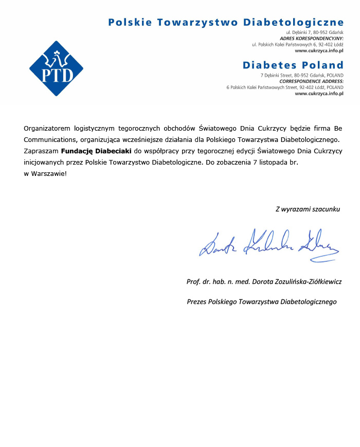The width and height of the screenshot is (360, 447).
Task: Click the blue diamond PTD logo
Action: pyautogui.click(x=56, y=68)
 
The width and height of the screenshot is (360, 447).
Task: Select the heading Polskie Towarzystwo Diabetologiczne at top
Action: pyautogui.click(x=226, y=22)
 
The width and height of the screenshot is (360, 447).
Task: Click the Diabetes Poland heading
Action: pyautogui.click(x=293, y=65)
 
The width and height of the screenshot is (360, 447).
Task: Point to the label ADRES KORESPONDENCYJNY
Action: pyautogui.click(x=312, y=39)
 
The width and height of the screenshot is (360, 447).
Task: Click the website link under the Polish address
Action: pyautogui.click(x=319, y=51)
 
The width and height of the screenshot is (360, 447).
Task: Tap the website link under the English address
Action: pyautogui.click(x=319, y=94)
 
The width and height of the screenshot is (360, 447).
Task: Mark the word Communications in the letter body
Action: pyautogui.click(x=46, y=139)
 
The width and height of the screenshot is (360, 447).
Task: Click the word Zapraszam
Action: pyautogui.click(x=41, y=151)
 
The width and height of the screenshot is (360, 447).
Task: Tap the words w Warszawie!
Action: pyautogui.click(x=45, y=173)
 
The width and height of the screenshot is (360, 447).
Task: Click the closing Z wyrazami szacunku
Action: pyautogui.click(x=308, y=209)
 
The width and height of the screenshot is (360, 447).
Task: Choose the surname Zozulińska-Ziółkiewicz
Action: pyautogui.click(x=304, y=282)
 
